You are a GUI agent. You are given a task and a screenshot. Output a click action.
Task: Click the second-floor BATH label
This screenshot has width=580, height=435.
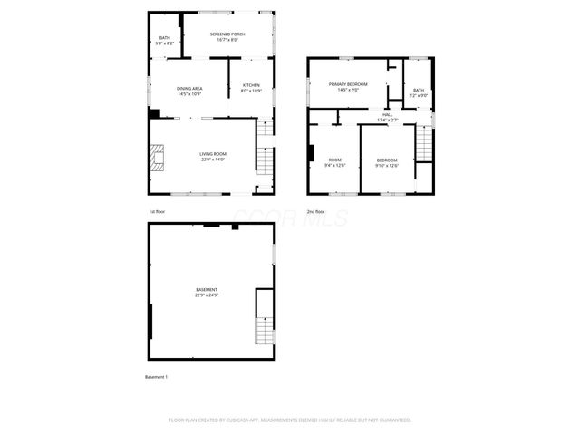(x=418, y=92)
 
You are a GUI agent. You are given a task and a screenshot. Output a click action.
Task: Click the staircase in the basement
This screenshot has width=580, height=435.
(x=264, y=319)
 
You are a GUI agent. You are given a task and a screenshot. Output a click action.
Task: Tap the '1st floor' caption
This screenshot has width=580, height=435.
(x=157, y=211)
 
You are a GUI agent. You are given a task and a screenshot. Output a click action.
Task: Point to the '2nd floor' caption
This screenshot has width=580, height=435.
(x=316, y=211)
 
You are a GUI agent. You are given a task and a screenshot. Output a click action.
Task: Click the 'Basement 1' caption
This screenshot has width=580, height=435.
(x=157, y=376)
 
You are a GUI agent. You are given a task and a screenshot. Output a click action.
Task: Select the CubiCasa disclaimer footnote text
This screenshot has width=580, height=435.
(x=290, y=420)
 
